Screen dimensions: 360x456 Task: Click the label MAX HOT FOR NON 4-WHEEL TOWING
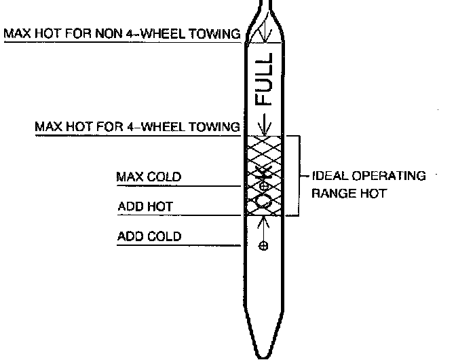click(122, 33)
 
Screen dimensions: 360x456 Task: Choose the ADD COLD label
click(149, 236)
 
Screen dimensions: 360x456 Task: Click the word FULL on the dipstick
click(264, 80)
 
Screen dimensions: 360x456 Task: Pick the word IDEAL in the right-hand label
click(327, 176)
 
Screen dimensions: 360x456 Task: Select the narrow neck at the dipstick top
click(263, 8)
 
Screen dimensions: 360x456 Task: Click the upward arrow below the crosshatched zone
click(264, 224)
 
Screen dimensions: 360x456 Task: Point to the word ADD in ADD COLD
click(129, 236)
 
